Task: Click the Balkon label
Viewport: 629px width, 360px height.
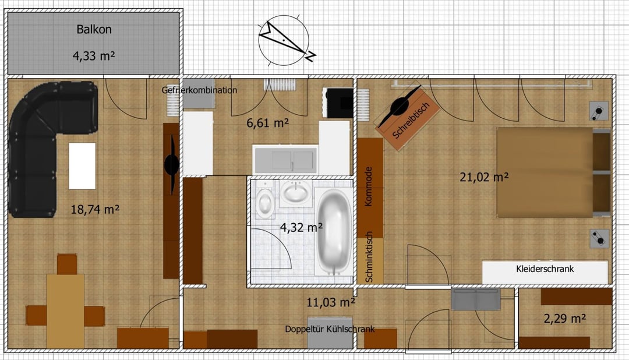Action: coord(94,29)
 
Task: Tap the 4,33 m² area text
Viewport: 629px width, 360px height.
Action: coord(94,56)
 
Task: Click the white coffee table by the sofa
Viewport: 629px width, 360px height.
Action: coord(82,166)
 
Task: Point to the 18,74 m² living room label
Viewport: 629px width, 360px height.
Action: coord(95,209)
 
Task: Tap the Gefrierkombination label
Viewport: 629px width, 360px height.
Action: coord(199,90)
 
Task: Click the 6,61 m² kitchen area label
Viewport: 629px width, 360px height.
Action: coord(267,123)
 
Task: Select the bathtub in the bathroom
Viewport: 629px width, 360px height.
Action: coord(334,232)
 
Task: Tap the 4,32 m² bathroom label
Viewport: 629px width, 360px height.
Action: coord(301,228)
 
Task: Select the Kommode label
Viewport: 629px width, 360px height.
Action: coord(368,186)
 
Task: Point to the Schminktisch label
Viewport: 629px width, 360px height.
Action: coord(369,257)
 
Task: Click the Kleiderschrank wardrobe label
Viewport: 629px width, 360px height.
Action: coord(545,269)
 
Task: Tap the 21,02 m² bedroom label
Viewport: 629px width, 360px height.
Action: coord(484,177)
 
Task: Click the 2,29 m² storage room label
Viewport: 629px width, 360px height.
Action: coord(565,319)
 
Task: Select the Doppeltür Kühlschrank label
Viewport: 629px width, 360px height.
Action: coord(330,329)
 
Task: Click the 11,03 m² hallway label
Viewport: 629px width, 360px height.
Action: coord(331,302)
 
